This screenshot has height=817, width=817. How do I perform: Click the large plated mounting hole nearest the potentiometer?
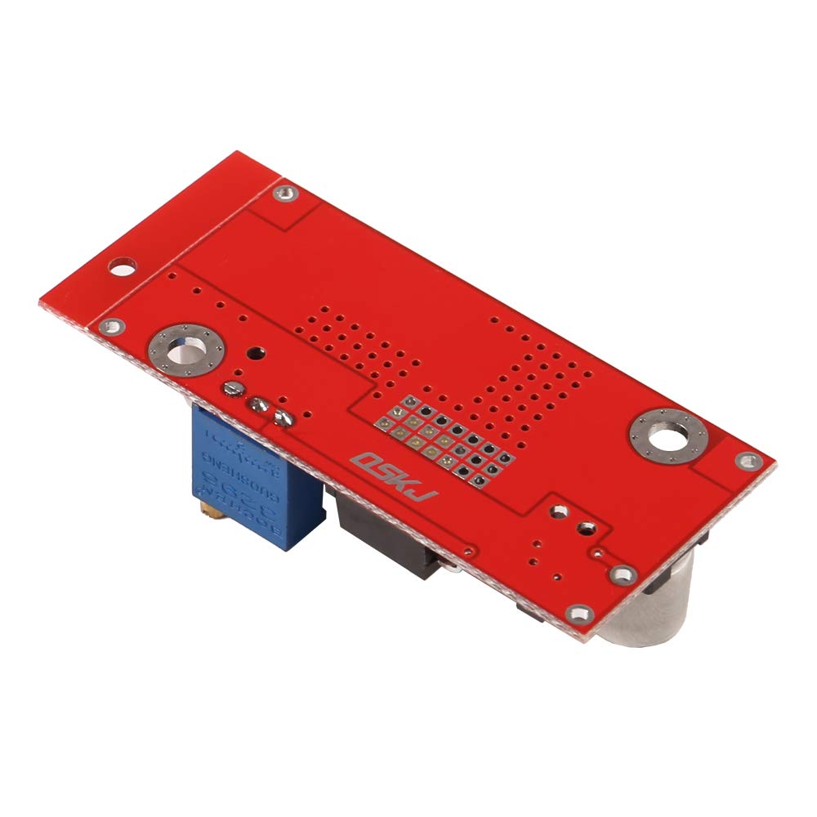pos(186,351)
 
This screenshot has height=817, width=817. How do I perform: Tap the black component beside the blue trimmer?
pos(384,535)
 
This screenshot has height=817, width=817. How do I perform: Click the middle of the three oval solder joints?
pos(260,404)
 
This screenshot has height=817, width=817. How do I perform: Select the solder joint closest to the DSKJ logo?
pos(283,418)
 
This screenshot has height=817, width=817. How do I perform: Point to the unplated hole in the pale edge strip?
pos(123,267)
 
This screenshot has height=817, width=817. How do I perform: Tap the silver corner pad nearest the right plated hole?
pos(748,462)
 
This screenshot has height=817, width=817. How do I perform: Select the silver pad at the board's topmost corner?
pos(283,194)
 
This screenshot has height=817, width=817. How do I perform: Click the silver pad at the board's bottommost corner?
pos(581,612)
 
